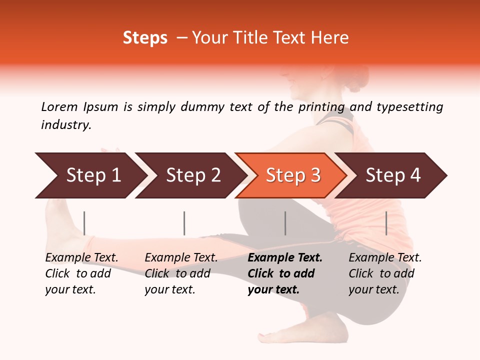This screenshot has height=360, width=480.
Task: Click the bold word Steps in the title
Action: [x=145, y=38]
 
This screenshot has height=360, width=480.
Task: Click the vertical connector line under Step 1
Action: [x=84, y=223]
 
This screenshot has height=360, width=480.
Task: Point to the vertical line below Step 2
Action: [x=184, y=223]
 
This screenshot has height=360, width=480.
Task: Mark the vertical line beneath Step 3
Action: [x=285, y=223]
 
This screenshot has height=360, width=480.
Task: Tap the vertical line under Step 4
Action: [x=386, y=223]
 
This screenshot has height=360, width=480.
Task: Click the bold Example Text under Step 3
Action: [x=285, y=258]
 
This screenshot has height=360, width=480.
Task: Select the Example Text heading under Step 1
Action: [x=81, y=258]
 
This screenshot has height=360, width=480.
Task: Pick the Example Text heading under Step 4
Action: [x=385, y=258]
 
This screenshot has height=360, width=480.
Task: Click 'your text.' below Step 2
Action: [x=169, y=290]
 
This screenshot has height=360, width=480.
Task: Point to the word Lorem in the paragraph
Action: [x=59, y=106]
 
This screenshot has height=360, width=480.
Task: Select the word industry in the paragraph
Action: [x=65, y=125]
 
